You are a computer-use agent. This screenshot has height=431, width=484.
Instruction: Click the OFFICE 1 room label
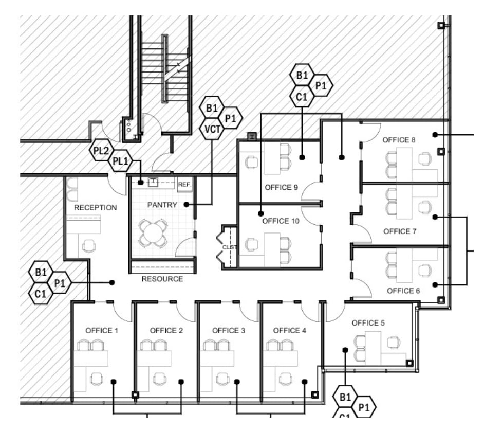[102, 331]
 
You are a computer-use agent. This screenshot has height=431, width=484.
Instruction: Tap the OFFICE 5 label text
[368, 323]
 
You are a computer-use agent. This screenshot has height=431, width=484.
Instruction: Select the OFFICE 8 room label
[399, 140]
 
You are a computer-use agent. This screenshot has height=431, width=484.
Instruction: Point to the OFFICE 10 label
[281, 221]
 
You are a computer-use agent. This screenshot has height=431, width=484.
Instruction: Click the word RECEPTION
[95, 208]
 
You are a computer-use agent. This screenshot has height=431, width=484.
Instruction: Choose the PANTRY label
[162, 205]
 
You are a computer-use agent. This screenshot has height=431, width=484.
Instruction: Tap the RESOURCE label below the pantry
[162, 279]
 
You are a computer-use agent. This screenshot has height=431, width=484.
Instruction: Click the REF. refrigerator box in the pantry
[184, 184]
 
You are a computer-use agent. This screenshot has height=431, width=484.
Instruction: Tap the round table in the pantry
[154, 232]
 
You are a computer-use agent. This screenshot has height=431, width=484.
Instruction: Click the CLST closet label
[228, 247]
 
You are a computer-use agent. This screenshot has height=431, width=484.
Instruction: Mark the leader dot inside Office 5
[345, 350]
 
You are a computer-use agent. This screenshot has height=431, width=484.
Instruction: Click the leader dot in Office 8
[435, 135]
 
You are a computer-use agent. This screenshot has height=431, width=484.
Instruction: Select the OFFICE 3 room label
[228, 331]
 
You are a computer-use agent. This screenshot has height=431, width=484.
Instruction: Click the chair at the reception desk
[89, 245]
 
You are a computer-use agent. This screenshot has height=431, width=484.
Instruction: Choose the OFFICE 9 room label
[281, 187]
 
